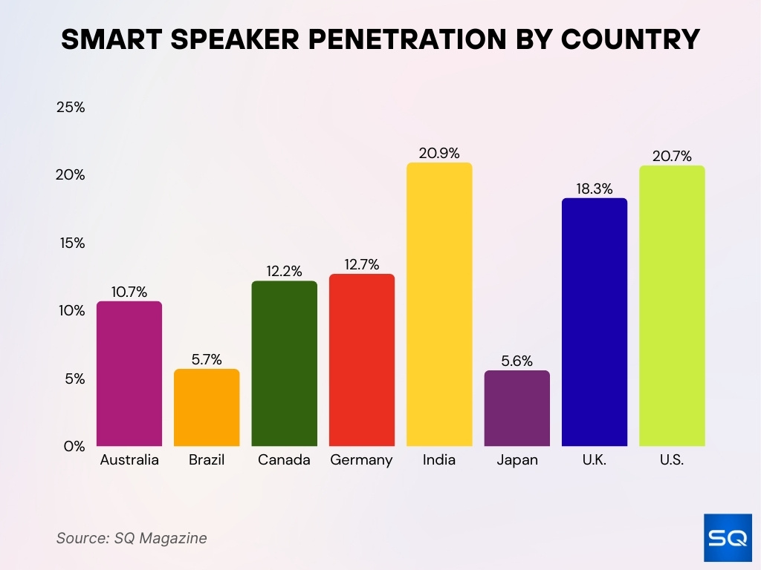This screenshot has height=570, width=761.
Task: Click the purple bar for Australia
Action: click(x=129, y=373)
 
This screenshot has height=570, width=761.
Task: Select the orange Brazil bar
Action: click(x=207, y=407)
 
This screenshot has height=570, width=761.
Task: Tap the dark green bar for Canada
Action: click(x=284, y=364)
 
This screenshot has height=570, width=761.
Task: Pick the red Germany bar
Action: click(x=362, y=360)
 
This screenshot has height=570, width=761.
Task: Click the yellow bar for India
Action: click(x=439, y=304)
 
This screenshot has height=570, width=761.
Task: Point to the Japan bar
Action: click(x=516, y=408)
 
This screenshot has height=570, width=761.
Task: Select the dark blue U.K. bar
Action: click(x=595, y=322)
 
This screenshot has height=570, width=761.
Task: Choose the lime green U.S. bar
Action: click(x=672, y=306)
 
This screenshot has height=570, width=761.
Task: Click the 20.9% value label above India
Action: click(x=439, y=153)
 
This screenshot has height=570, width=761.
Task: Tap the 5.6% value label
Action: click(x=516, y=361)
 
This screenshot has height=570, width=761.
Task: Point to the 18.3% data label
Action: click(x=595, y=189)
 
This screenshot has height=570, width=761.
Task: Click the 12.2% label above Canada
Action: click(x=284, y=272)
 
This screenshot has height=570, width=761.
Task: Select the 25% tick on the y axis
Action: click(x=71, y=107)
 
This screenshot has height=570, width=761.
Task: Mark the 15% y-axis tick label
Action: click(x=71, y=243)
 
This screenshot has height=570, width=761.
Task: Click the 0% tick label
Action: click(x=74, y=446)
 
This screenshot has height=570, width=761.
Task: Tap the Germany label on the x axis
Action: click(x=362, y=460)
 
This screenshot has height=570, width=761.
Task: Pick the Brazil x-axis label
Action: click(x=207, y=460)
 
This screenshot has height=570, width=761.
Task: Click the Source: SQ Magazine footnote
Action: click(x=132, y=538)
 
